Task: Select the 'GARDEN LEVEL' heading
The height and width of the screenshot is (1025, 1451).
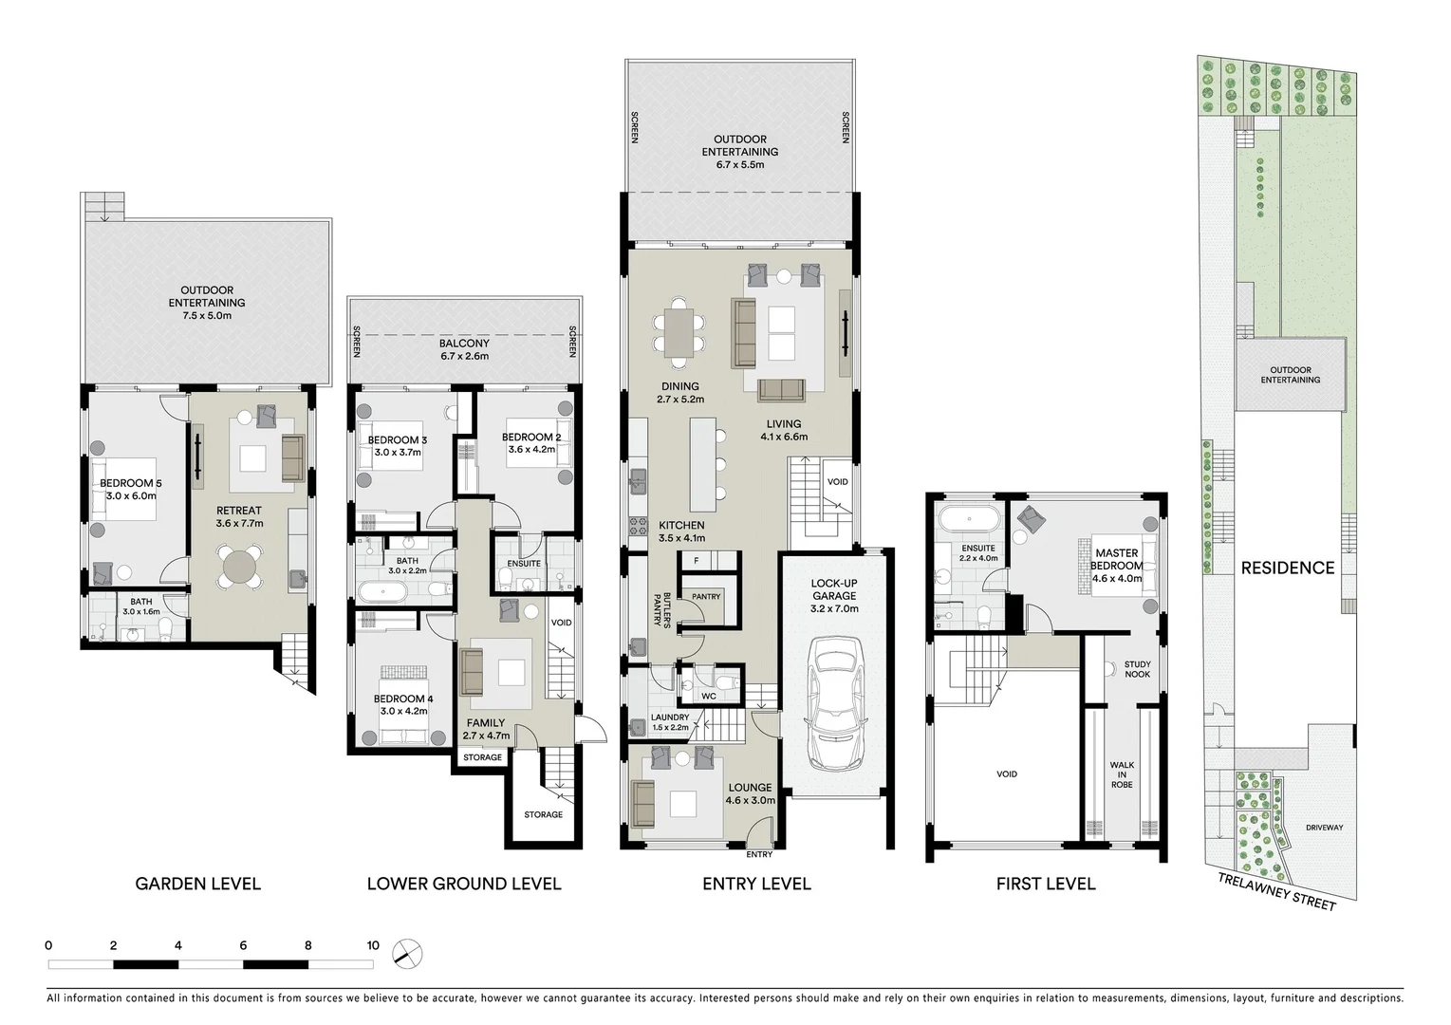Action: [197, 884]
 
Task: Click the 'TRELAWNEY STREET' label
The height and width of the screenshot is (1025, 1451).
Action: [1278, 892]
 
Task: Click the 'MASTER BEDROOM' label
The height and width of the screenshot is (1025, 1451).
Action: [1117, 559]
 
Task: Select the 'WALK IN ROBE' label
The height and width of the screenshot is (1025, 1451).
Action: [1122, 774]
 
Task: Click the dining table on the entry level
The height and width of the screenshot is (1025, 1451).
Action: [679, 331]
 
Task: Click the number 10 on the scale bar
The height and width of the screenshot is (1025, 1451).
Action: [373, 945]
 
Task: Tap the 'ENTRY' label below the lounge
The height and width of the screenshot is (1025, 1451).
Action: [759, 854]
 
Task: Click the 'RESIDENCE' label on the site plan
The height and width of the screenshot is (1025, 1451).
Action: [1288, 568]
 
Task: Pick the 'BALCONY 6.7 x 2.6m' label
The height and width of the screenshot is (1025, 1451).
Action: [464, 349]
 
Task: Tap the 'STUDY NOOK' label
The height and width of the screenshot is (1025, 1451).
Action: [1137, 669]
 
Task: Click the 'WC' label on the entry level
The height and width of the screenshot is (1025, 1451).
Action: [708, 696]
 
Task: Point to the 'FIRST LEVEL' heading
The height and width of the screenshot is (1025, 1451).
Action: [1045, 884]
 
